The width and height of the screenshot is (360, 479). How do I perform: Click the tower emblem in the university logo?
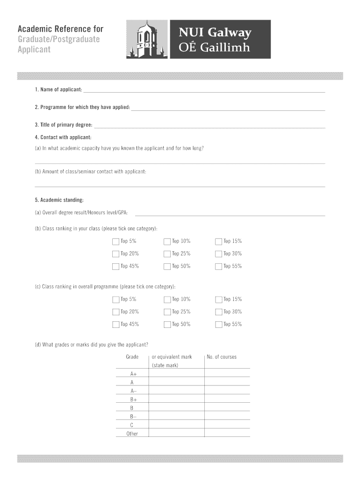146,39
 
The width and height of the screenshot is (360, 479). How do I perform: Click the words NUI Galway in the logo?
215,33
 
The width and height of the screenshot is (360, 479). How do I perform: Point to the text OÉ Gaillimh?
214,48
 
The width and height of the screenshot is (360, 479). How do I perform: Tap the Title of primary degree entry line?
209,125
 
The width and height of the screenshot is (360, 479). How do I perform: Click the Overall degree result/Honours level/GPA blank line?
230,213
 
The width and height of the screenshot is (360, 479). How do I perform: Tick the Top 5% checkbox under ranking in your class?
115,242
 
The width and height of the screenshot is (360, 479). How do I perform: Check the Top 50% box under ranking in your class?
167,267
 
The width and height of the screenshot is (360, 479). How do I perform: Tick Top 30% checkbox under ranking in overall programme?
218,312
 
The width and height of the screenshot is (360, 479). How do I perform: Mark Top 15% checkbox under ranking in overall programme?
218,300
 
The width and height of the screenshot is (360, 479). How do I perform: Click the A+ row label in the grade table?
132,374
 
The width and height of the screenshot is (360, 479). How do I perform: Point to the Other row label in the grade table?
132,434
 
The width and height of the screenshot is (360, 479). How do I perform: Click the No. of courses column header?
222,357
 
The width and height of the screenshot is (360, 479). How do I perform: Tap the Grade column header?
132,357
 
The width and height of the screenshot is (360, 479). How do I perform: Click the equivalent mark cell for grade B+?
176,399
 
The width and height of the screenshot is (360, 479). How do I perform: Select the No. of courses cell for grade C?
227,425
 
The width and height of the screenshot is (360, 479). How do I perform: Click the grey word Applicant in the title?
34,50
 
